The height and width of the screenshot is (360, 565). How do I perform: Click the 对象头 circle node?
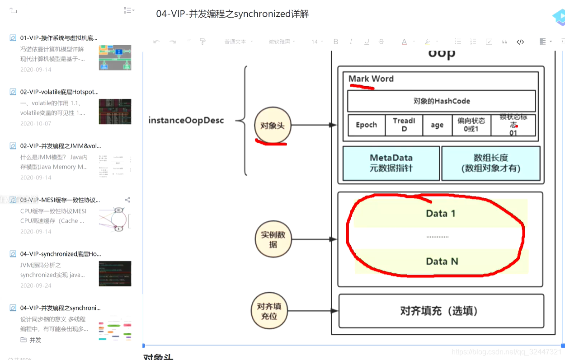pyautogui.click(x=272, y=126)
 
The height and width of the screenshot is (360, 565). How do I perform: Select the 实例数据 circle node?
pyautogui.click(x=273, y=239)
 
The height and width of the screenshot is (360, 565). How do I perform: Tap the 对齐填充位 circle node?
pyautogui.click(x=269, y=311)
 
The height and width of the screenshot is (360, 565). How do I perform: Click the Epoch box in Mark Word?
pyautogui.click(x=366, y=125)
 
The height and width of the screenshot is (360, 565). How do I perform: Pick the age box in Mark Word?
pyautogui.click(x=437, y=125)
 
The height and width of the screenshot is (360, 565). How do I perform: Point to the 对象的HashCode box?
pyautogui.click(x=441, y=101)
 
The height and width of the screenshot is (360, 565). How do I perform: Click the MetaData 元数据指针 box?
pyautogui.click(x=391, y=163)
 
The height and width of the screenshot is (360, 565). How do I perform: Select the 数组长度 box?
pyautogui.click(x=490, y=163)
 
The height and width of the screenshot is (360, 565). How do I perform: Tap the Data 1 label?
pyautogui.click(x=440, y=213)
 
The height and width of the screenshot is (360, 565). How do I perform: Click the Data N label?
pyautogui.click(x=442, y=261)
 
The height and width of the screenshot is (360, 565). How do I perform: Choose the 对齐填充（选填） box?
pyautogui.click(x=441, y=311)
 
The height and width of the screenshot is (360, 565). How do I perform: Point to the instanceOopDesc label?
pyautogui.click(x=186, y=121)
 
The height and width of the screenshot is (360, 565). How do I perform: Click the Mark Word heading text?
pyautogui.click(x=371, y=79)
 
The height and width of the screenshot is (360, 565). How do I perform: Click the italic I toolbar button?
pyautogui.click(x=351, y=42)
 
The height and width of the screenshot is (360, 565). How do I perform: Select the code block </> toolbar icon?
pyautogui.click(x=520, y=42)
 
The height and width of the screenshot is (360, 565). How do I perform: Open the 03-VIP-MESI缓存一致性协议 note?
pyautogui.click(x=60, y=200)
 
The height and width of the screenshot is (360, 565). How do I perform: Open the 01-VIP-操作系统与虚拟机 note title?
pyautogui.click(x=58, y=38)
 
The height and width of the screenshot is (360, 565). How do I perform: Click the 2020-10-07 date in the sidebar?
pyautogui.click(x=36, y=123)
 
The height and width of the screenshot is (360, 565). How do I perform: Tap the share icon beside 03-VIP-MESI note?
pyautogui.click(x=127, y=200)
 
